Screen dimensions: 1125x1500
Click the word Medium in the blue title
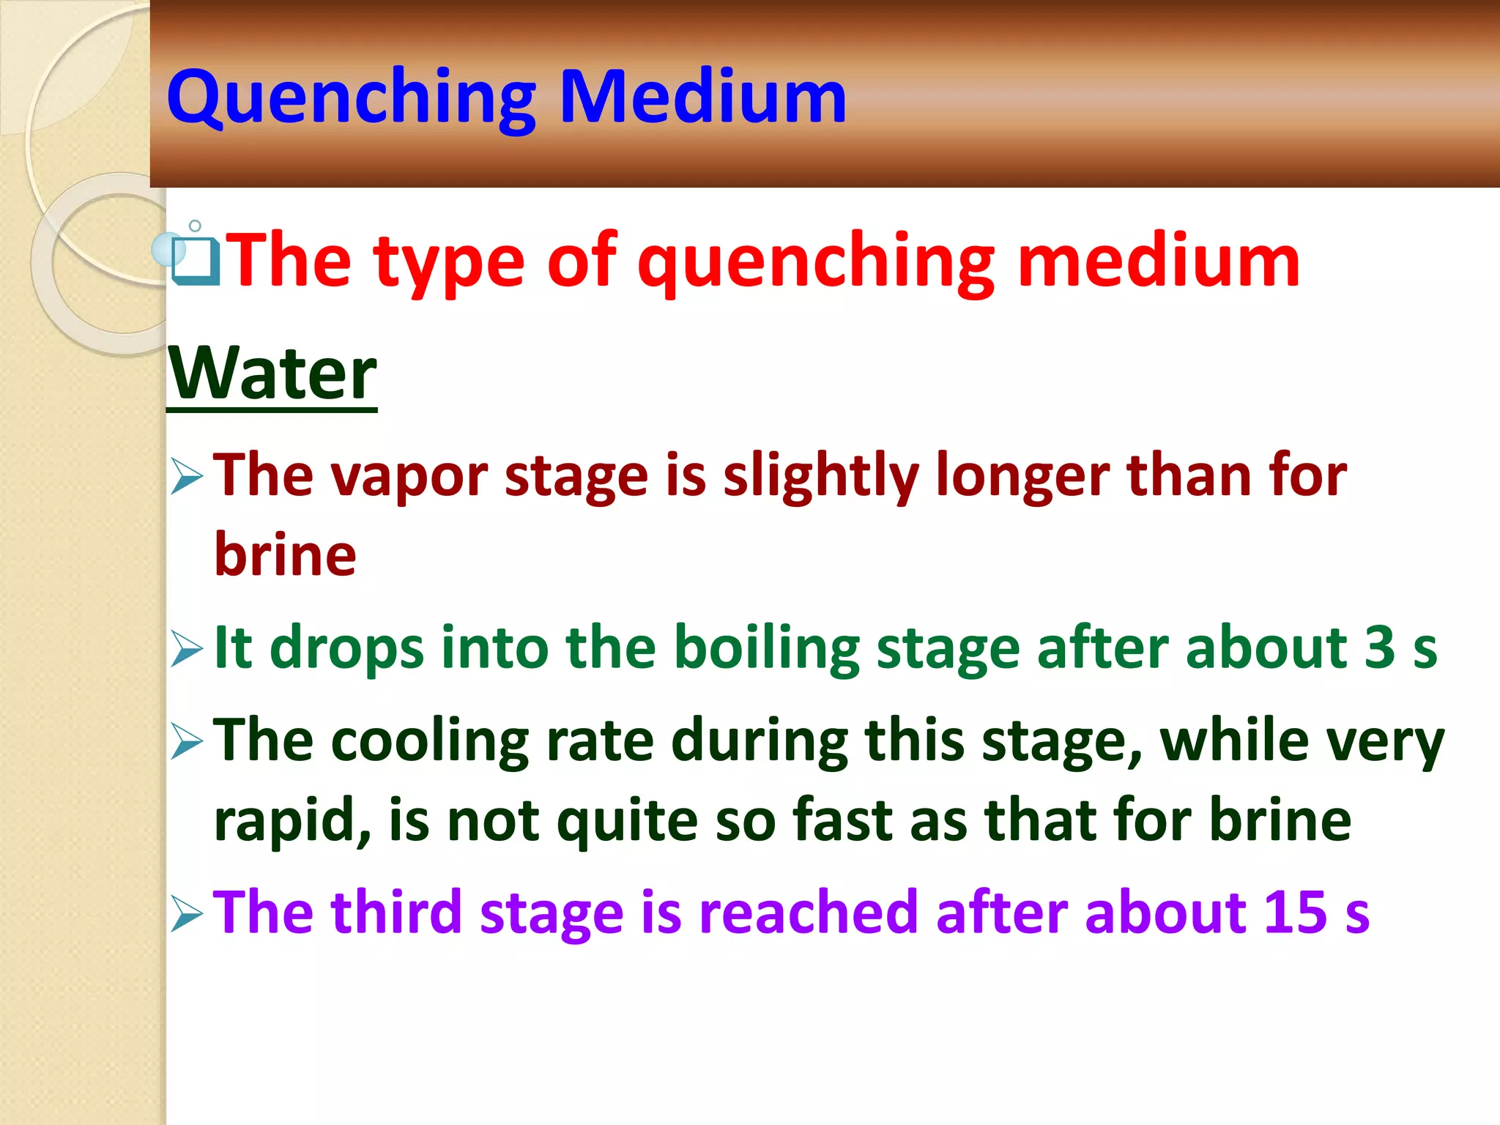tap(703, 97)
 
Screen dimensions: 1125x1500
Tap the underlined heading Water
tap(272, 374)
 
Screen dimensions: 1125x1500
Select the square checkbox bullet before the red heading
tap(195, 261)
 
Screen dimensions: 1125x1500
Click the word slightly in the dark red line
tap(820, 476)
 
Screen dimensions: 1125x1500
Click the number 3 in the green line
tap(1380, 647)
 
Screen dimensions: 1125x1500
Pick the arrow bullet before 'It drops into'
tap(187, 649)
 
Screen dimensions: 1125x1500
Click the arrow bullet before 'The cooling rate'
tap(187, 741)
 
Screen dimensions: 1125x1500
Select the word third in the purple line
tap(396, 913)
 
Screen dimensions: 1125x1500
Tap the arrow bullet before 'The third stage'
tap(187, 914)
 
